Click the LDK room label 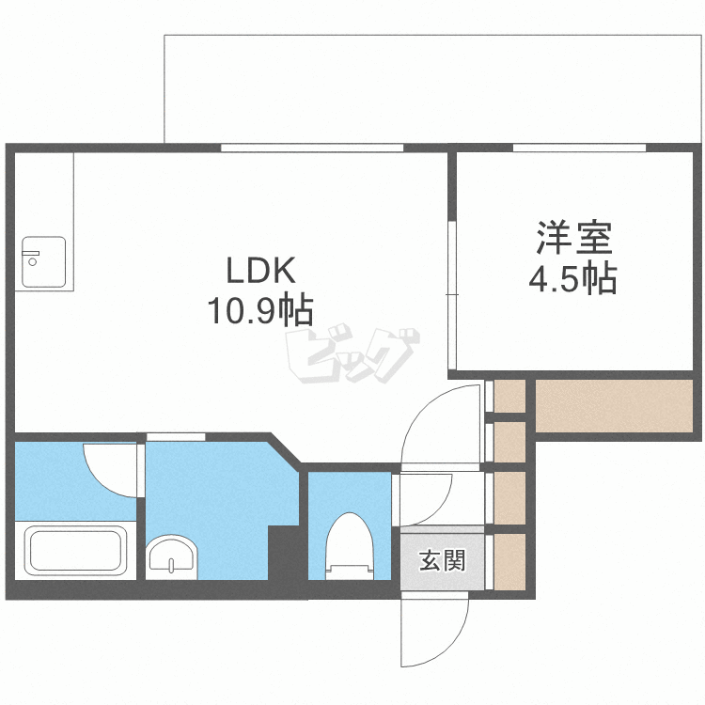260,270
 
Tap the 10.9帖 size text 259,310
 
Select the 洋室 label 574,238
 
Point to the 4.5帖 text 572,279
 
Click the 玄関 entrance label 443,560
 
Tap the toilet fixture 350,546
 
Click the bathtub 75,551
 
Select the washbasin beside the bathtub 171,557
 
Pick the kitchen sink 43,261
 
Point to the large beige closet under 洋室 614,406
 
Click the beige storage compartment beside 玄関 509,561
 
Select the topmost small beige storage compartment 509,396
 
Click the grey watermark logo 352,355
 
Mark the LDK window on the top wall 312,148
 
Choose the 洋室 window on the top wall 580,148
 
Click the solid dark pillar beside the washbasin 283,553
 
